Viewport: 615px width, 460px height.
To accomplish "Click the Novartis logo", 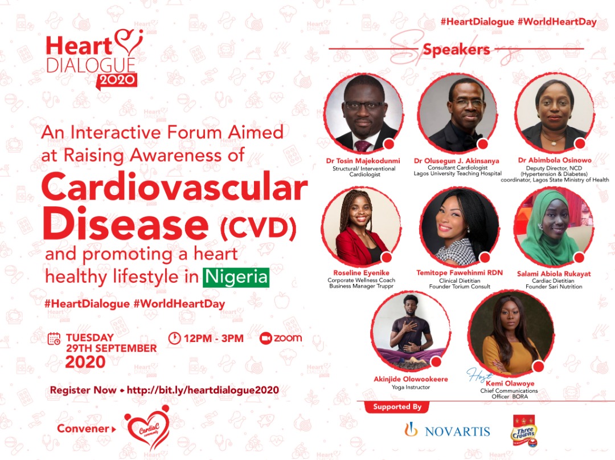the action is (x=447, y=430).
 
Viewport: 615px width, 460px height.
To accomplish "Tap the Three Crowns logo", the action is (x=524, y=431).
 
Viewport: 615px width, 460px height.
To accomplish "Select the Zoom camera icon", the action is (x=265, y=339).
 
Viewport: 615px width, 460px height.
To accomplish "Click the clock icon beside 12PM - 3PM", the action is (x=175, y=338).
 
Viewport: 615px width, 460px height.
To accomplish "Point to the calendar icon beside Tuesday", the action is (x=54, y=339).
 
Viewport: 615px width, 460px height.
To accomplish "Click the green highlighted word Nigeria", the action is (x=236, y=277).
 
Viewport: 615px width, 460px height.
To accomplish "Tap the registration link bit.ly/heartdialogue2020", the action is (x=203, y=390).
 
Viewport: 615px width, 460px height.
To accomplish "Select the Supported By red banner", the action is (x=397, y=407).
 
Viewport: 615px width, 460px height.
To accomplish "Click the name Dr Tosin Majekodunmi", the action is (x=363, y=161).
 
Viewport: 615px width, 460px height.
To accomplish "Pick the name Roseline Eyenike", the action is (x=361, y=273).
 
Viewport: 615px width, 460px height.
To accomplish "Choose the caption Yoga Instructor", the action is (x=411, y=388).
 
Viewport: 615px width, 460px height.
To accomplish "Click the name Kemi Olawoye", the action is (x=510, y=384).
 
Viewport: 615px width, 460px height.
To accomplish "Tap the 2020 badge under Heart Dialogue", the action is (x=117, y=80).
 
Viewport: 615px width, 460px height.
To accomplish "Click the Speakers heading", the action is (x=456, y=50).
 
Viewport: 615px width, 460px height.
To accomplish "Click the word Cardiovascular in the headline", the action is (x=174, y=187).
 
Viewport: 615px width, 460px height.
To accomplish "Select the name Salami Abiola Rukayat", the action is (x=553, y=274).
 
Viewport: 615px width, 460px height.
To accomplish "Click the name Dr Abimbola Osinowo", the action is (x=555, y=160).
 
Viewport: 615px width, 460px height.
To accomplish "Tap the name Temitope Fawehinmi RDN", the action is (x=460, y=273).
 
